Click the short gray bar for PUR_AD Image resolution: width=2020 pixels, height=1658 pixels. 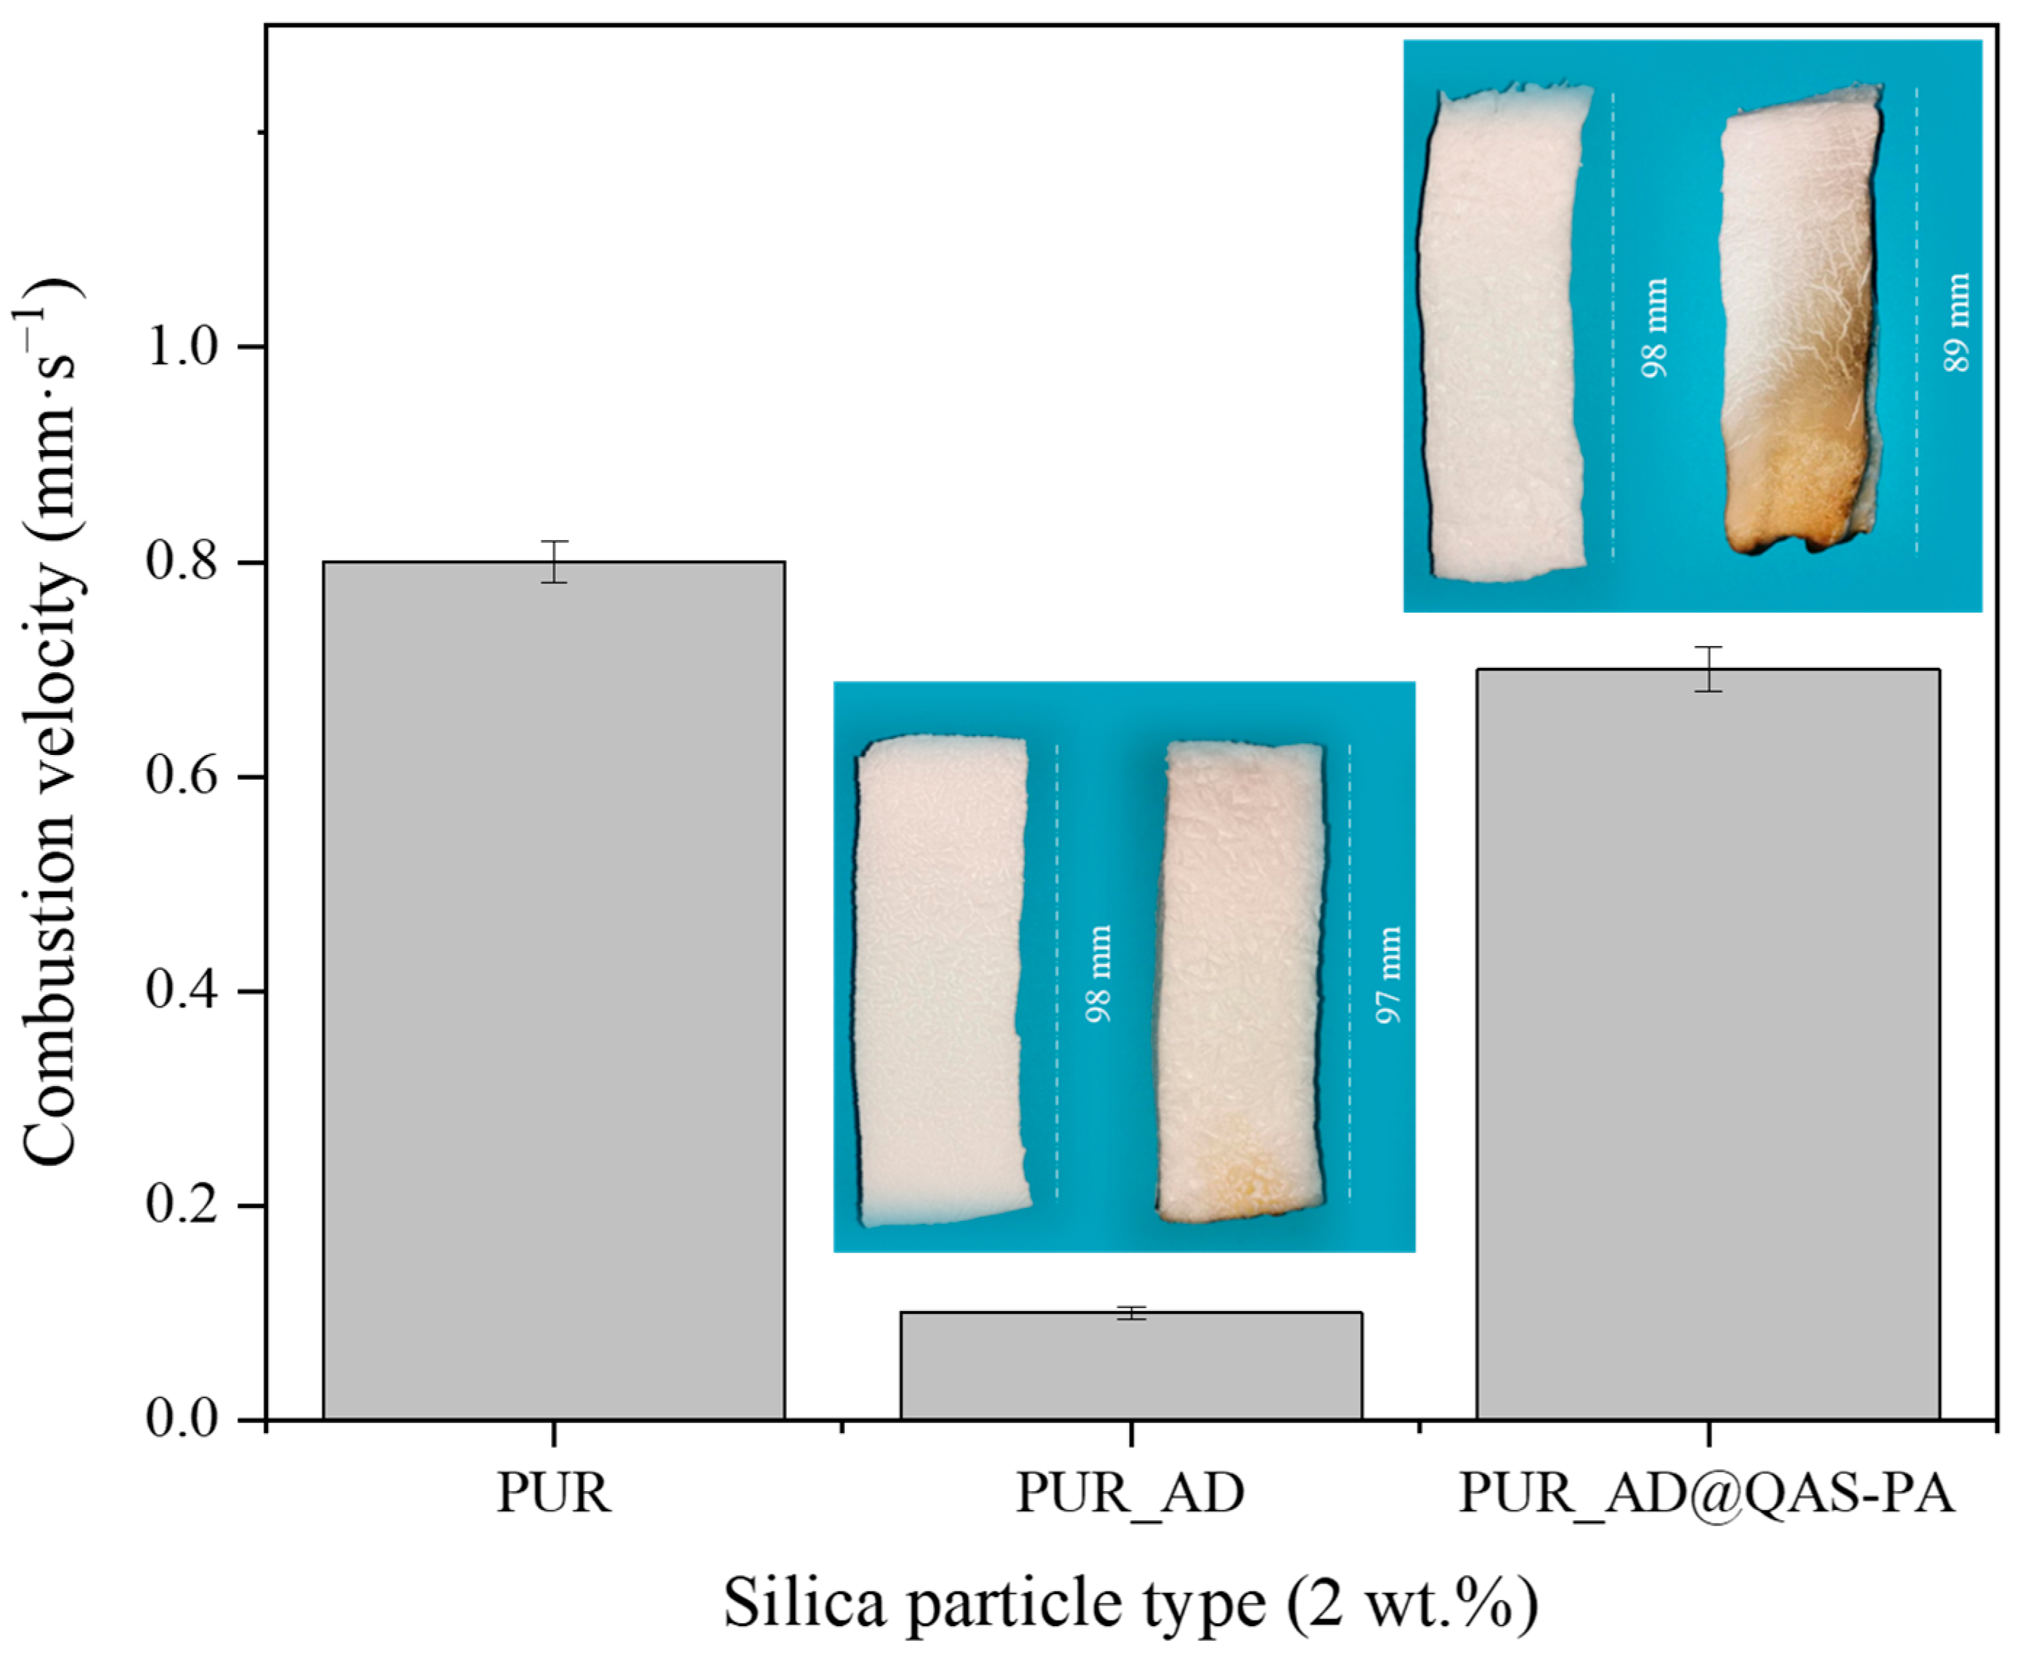click(1131, 1365)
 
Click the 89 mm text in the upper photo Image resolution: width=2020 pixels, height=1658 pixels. click(1955, 322)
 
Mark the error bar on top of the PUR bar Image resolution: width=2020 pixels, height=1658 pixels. click(554, 562)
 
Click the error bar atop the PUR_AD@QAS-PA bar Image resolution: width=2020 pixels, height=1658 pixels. click(1708, 669)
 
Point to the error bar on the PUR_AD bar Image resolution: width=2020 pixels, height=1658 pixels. click(1131, 1313)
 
